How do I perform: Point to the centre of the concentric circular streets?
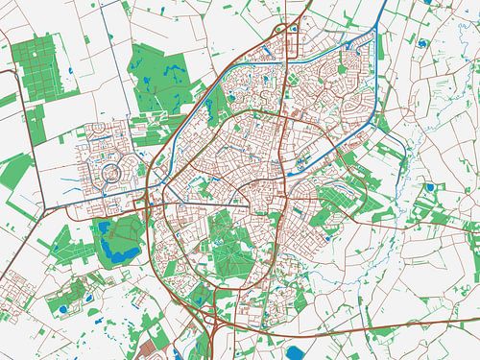(x=114, y=174)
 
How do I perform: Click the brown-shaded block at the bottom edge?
(x=153, y=348)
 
